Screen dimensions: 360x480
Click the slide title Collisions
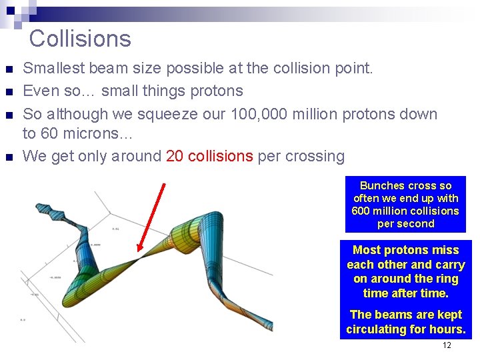80,39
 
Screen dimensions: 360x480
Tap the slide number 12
447,345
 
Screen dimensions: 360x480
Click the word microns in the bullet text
93,134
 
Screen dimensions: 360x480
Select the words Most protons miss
405,250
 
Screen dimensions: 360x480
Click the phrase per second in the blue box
405,224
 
